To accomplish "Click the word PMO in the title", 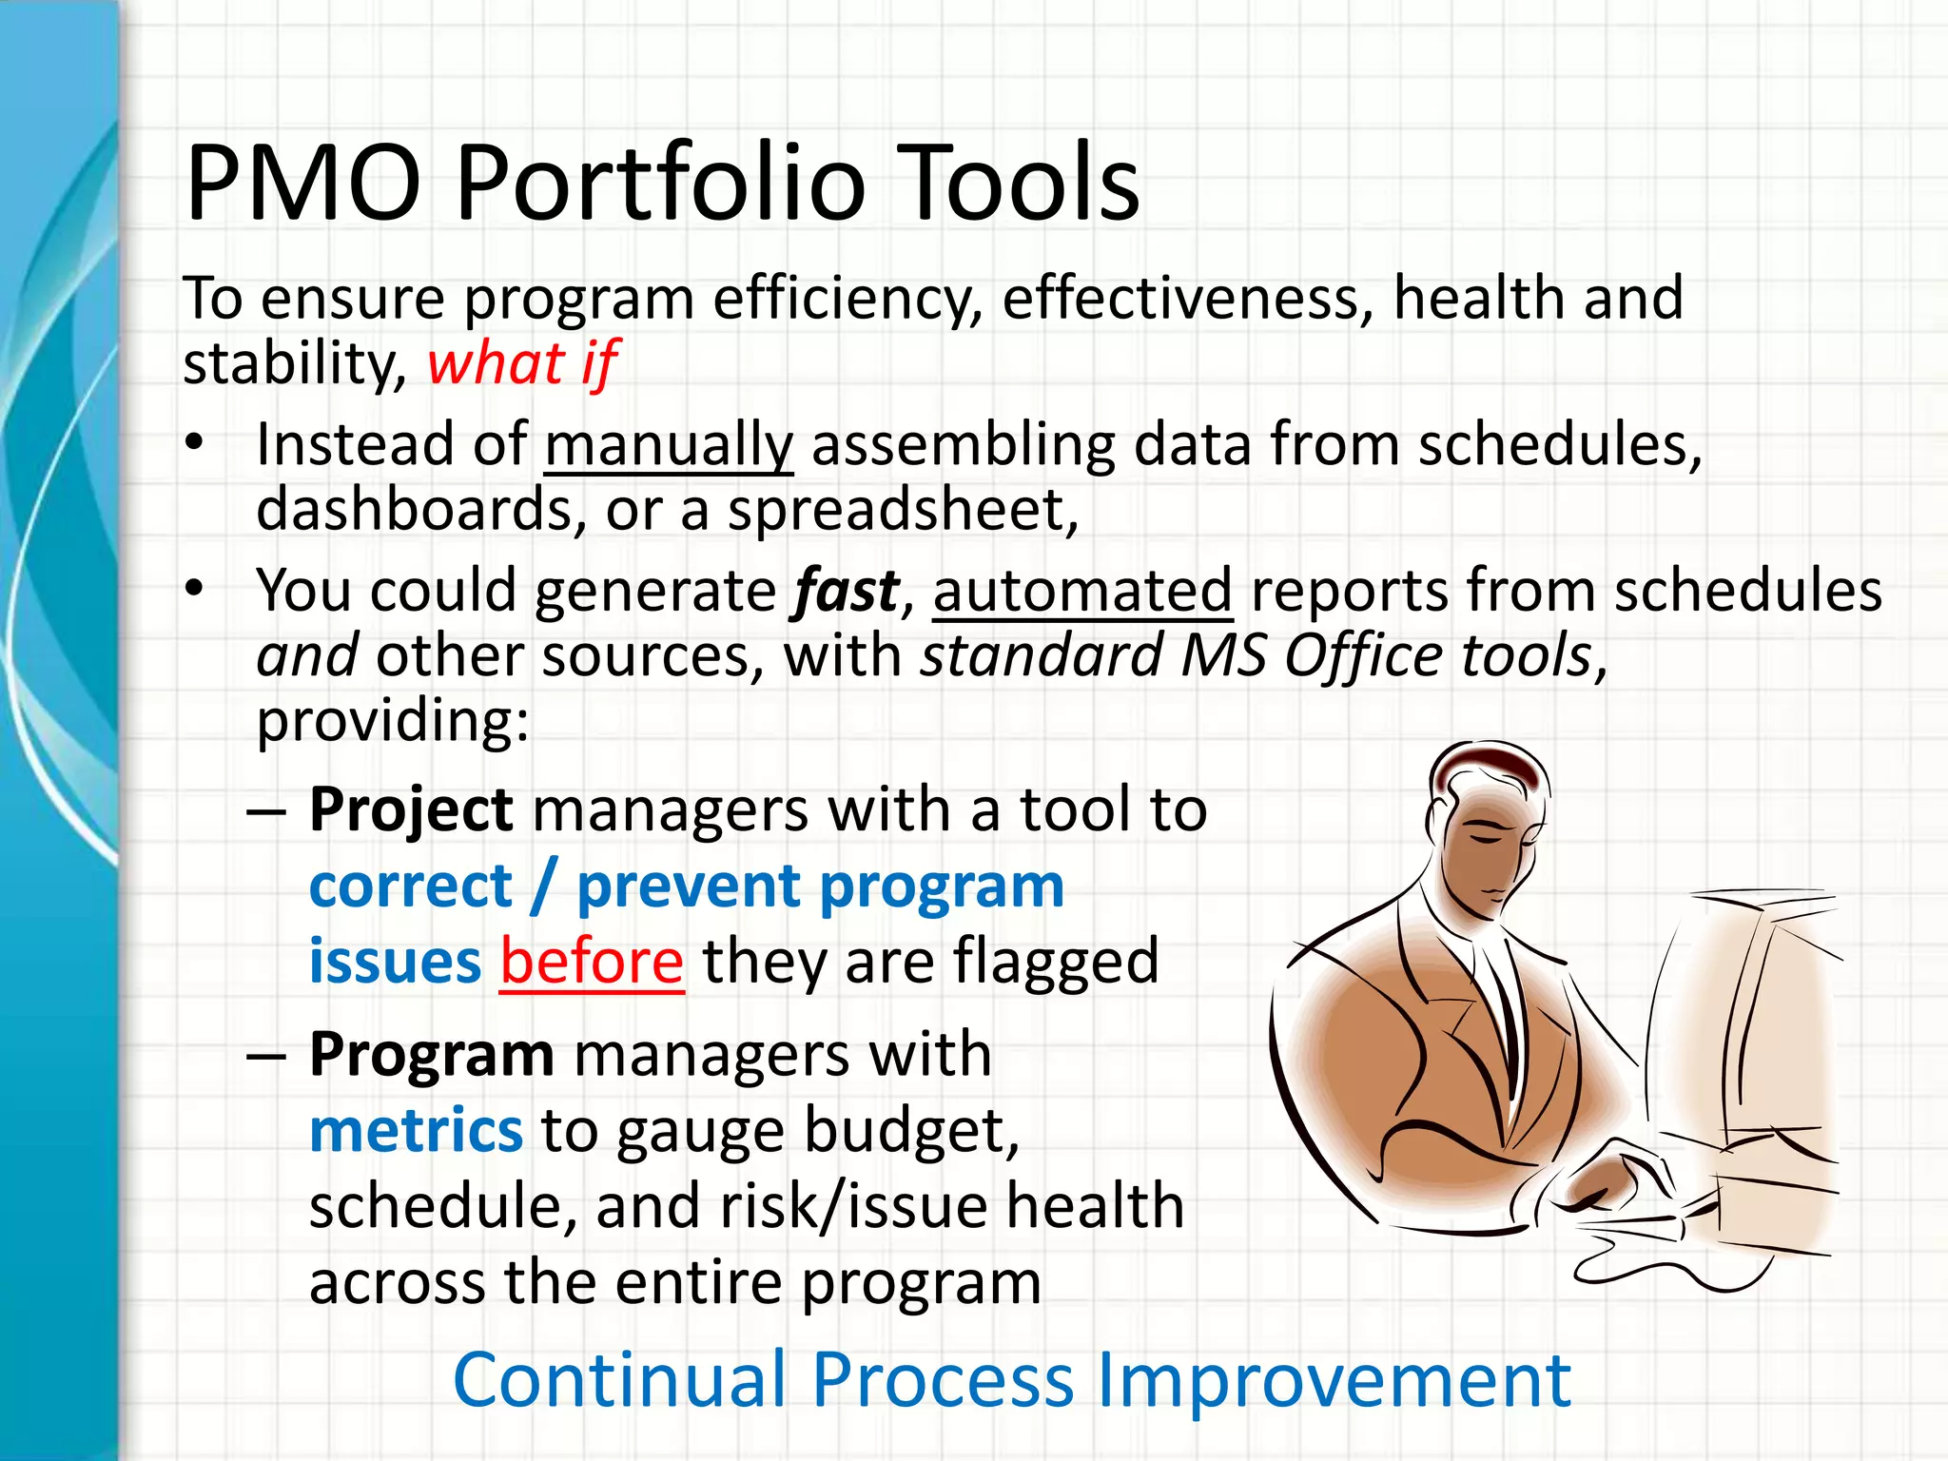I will tap(303, 183).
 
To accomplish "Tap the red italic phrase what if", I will tap(522, 363).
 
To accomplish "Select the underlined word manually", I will tap(668, 445).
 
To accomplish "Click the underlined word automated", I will tap(1082, 591).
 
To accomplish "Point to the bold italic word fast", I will tap(847, 591).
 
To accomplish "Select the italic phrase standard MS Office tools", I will tap(1261, 656).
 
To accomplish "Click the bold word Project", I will tap(411, 810).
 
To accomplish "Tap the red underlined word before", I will tap(592, 962).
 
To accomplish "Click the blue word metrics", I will tap(416, 1130).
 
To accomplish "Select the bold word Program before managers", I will tap(431, 1055).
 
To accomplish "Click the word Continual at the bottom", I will tap(619, 1380).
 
